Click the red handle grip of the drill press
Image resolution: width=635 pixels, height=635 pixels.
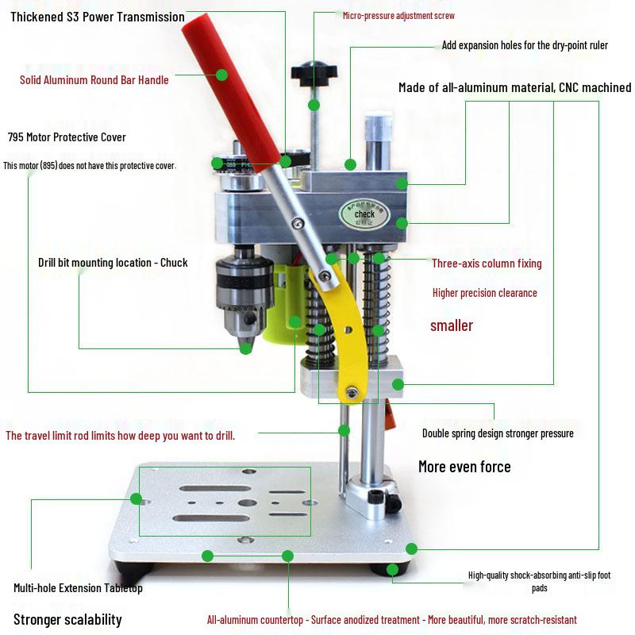(230, 87)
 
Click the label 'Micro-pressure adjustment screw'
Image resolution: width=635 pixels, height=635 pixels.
(398, 15)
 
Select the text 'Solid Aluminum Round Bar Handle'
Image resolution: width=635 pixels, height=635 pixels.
(94, 79)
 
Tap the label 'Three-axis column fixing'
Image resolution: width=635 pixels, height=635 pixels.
(487, 263)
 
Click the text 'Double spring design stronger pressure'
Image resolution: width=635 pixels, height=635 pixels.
(498, 433)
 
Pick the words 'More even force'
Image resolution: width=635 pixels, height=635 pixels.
(464, 467)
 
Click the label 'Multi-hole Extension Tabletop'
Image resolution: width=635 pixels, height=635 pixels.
(78, 588)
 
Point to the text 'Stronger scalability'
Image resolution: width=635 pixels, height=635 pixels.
(67, 620)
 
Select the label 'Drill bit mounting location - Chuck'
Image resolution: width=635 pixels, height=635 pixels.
(113, 263)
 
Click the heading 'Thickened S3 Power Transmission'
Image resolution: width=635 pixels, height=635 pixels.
(98, 17)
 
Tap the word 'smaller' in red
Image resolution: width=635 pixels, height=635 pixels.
(452, 325)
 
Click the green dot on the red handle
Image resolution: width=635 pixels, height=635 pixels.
(221, 75)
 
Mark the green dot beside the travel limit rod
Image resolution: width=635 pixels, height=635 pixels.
(344, 430)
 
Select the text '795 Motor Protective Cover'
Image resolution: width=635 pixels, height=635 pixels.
(67, 137)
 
